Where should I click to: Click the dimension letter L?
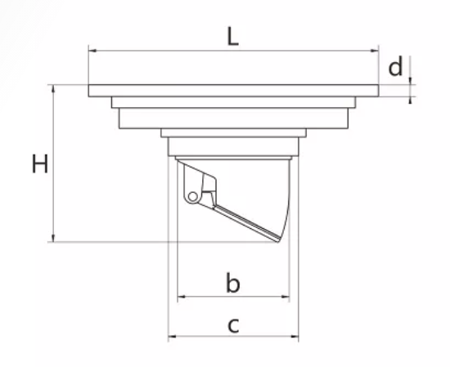click(x=232, y=37)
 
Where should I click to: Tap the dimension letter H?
click(x=40, y=163)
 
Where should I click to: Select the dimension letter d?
click(x=395, y=66)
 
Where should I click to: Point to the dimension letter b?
click(x=232, y=283)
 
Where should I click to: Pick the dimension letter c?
click(x=233, y=325)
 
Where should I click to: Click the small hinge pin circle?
click(x=193, y=197)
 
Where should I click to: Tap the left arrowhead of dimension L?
click(x=92, y=51)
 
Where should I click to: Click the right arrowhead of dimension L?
click(x=375, y=51)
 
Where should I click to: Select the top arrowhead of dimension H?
click(x=53, y=88)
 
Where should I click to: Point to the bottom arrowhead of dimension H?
click(x=53, y=238)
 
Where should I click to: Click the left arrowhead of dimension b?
click(x=182, y=297)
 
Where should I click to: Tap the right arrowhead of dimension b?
click(x=286, y=297)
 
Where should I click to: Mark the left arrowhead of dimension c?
click(x=172, y=336)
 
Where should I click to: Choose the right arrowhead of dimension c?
click(x=295, y=336)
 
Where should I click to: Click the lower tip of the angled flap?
click(x=278, y=241)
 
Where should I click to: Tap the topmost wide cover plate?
click(x=234, y=91)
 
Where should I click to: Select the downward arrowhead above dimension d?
click(x=410, y=81)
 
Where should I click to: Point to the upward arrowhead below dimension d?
click(x=410, y=101)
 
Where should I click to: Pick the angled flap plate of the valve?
click(x=246, y=223)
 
